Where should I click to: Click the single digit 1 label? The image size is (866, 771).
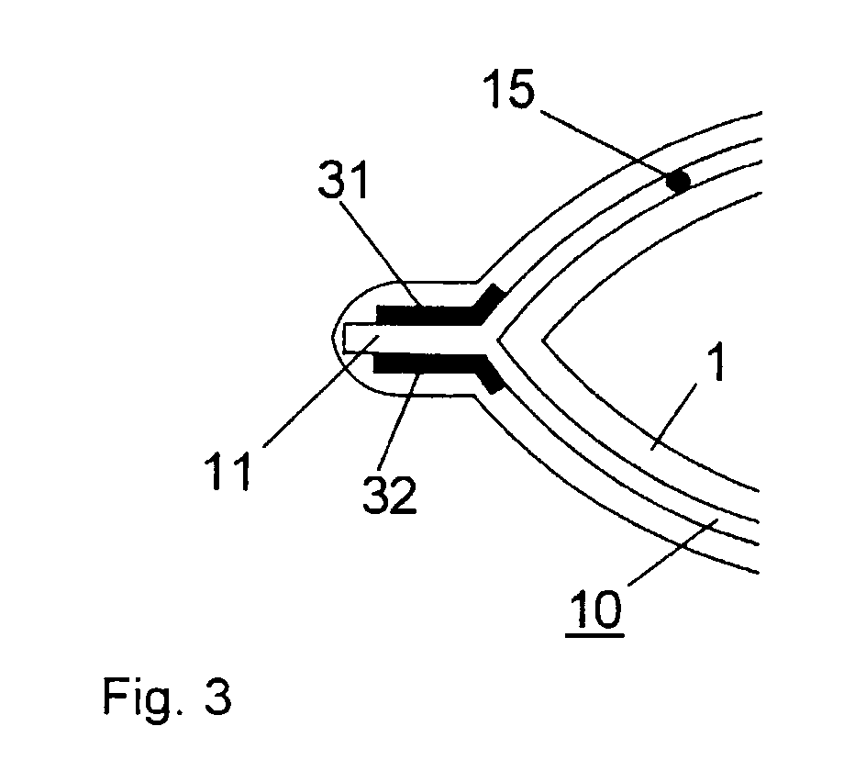717,365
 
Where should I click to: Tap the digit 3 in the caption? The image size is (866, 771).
217,699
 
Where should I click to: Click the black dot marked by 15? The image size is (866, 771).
678,182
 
